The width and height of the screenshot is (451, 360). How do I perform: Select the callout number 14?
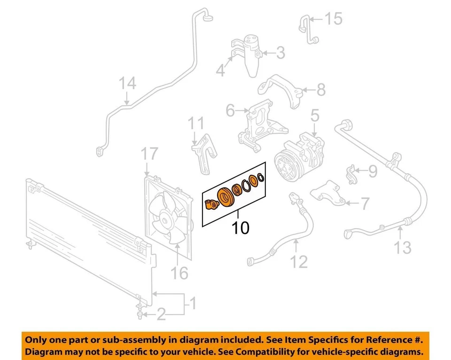[x=127, y=84]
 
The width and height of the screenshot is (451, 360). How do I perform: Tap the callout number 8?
[x=320, y=90]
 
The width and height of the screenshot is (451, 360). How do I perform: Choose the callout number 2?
[x=161, y=314]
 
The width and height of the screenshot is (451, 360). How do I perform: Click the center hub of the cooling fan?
[x=165, y=218]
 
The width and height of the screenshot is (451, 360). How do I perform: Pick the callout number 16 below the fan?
[x=179, y=272]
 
